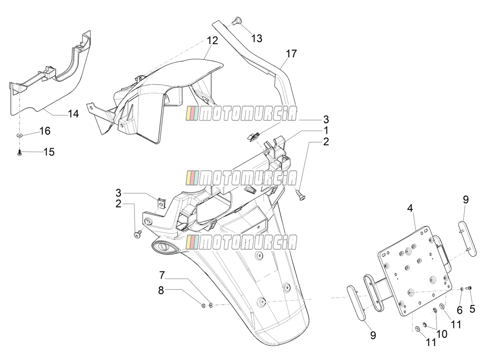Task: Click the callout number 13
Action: click(257, 39)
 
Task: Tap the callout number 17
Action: click(291, 53)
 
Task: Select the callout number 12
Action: click(212, 41)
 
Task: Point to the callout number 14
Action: click(73, 114)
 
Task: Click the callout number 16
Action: click(45, 131)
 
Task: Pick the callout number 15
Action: click(49, 152)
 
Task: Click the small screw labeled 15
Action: click(19, 152)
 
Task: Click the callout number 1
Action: click(326, 130)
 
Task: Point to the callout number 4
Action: click(410, 208)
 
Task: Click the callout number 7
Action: click(162, 275)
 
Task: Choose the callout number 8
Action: click(161, 290)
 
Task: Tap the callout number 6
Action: click(459, 310)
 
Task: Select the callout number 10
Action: click(442, 334)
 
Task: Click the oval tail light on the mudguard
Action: click(163, 247)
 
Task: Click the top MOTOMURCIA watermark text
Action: click(241, 113)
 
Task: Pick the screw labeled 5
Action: click(469, 288)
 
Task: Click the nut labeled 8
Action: click(204, 306)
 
